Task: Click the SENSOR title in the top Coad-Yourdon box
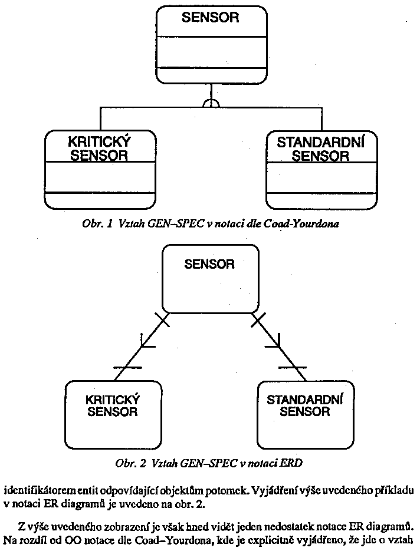[210, 17]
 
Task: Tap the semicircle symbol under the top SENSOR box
[210, 104]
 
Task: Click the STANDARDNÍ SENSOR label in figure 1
[320, 149]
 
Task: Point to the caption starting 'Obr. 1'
[210, 225]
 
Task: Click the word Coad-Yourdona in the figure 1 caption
[309, 225]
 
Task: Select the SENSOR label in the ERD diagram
[209, 264]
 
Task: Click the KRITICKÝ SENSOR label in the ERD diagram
[113, 405]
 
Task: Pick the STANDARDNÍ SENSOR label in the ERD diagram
[305, 405]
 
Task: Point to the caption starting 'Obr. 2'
[210, 463]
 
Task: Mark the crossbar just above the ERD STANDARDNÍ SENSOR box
[292, 367]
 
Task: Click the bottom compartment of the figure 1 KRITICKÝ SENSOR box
[100, 200]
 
